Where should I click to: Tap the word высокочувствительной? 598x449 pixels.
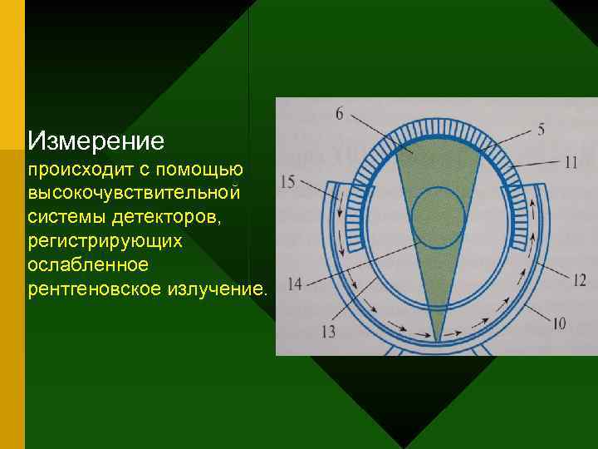[134, 193]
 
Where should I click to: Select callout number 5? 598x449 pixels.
[541, 129]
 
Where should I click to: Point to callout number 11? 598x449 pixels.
[569, 163]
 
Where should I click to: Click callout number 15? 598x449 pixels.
[288, 180]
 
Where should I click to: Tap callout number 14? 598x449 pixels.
[294, 284]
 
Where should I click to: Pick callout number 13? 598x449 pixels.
[327, 332]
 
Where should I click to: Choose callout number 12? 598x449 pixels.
[579, 279]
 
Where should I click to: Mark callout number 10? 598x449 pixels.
[558, 322]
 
